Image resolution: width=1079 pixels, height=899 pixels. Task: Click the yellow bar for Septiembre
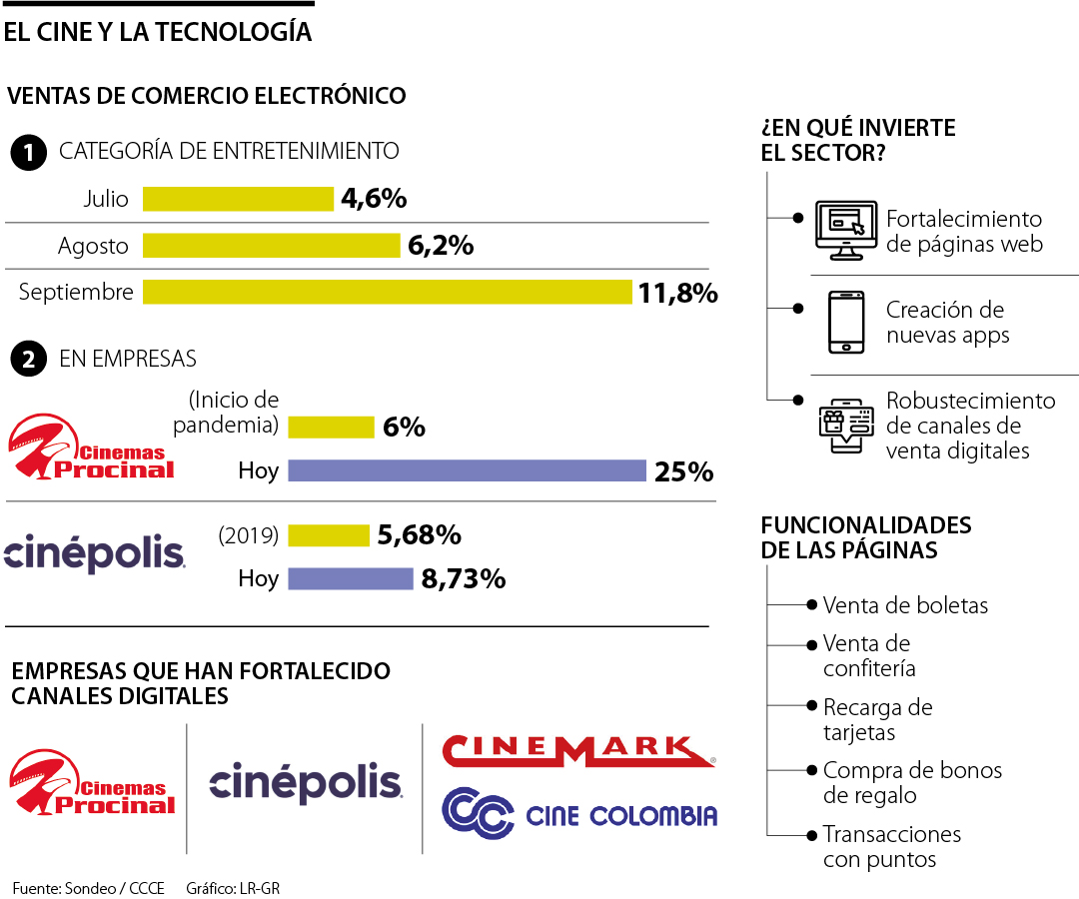click(x=388, y=292)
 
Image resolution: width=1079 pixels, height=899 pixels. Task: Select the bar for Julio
click(x=238, y=199)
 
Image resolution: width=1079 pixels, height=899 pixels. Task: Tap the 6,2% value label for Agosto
click(x=441, y=246)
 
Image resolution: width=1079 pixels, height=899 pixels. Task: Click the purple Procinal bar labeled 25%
click(x=467, y=470)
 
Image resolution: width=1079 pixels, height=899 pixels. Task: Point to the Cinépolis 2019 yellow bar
click(x=328, y=535)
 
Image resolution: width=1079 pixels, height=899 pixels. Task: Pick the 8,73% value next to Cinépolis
click(x=463, y=579)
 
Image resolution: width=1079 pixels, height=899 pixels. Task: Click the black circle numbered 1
click(x=28, y=153)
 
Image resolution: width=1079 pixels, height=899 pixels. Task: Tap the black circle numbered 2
click(x=28, y=360)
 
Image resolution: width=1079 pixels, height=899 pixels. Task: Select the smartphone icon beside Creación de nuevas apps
click(x=845, y=322)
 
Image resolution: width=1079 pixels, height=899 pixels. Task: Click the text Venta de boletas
click(x=905, y=605)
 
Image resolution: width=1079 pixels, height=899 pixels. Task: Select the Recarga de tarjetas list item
click(x=877, y=720)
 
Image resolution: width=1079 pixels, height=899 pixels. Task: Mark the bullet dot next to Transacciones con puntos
click(x=811, y=834)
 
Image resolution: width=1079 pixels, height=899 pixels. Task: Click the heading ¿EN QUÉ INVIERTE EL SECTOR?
click(x=858, y=141)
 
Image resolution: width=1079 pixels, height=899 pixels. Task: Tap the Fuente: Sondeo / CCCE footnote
click(x=88, y=887)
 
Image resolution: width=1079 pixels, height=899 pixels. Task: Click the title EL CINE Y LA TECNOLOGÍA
click(x=158, y=33)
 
